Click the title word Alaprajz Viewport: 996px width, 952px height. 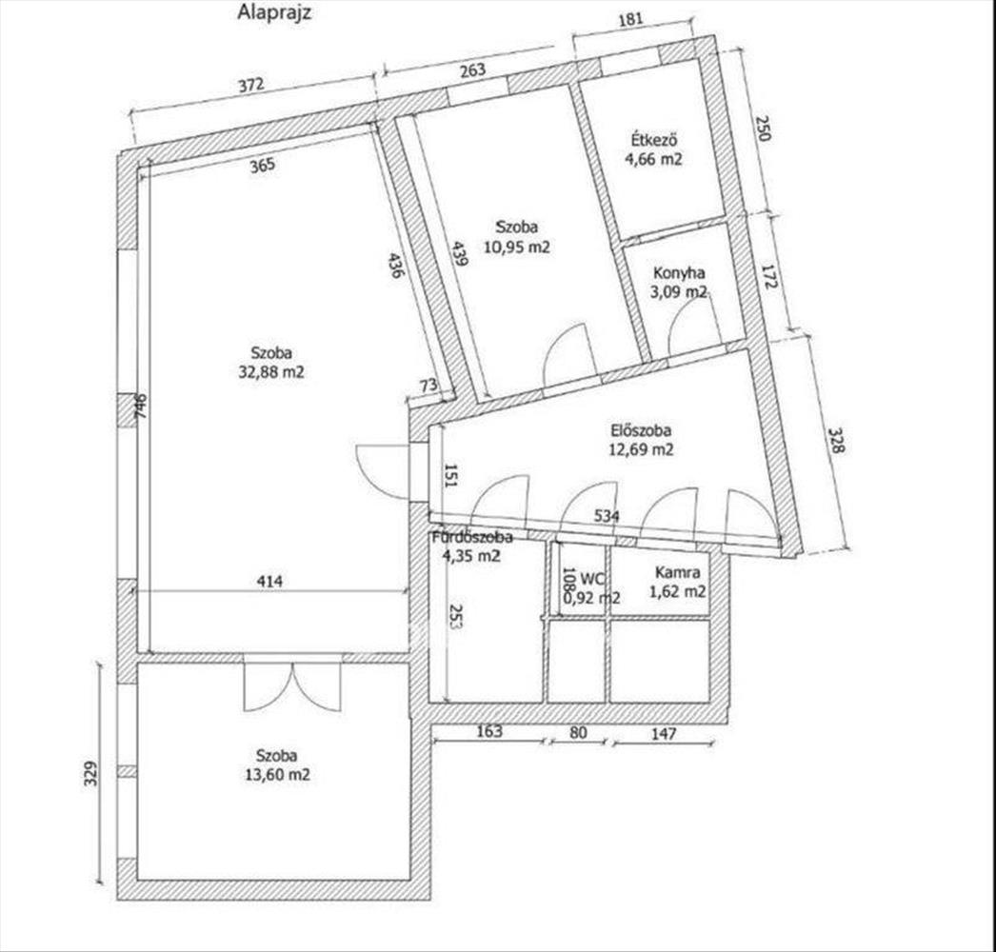(x=275, y=13)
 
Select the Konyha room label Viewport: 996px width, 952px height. (x=680, y=273)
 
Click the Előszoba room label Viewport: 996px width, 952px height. (x=641, y=430)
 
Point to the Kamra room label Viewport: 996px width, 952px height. (x=678, y=573)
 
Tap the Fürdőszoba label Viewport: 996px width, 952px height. (x=472, y=537)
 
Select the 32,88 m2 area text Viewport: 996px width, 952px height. (x=271, y=372)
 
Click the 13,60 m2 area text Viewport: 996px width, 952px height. (x=277, y=775)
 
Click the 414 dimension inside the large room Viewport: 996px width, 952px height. (x=271, y=580)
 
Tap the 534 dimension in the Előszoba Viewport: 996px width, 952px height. (x=608, y=516)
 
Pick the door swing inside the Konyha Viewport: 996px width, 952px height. (x=692, y=330)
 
